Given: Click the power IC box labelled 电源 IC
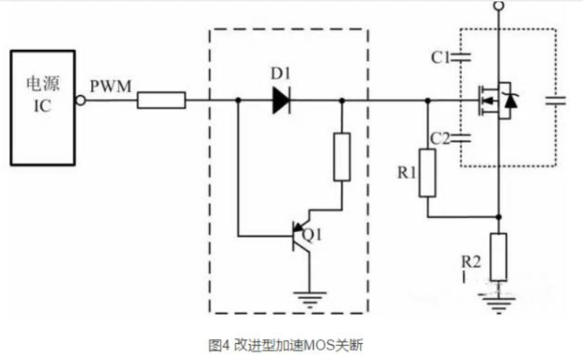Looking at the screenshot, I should click(42, 107).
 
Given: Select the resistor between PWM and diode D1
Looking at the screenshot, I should click(161, 99).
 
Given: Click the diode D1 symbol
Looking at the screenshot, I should click(280, 99).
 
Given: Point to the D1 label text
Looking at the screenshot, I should click(280, 74).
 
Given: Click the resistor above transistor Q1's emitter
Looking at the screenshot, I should click(342, 157).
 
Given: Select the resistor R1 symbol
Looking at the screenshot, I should click(427, 173).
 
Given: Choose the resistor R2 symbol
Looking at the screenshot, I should click(498, 255).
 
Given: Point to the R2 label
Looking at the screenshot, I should click(471, 261).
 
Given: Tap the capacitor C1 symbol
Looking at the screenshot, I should click(462, 58).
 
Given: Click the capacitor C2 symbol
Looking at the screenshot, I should click(462, 137).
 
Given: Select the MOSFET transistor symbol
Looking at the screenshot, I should click(495, 99).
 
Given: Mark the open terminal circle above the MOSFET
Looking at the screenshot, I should click(498, 6).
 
